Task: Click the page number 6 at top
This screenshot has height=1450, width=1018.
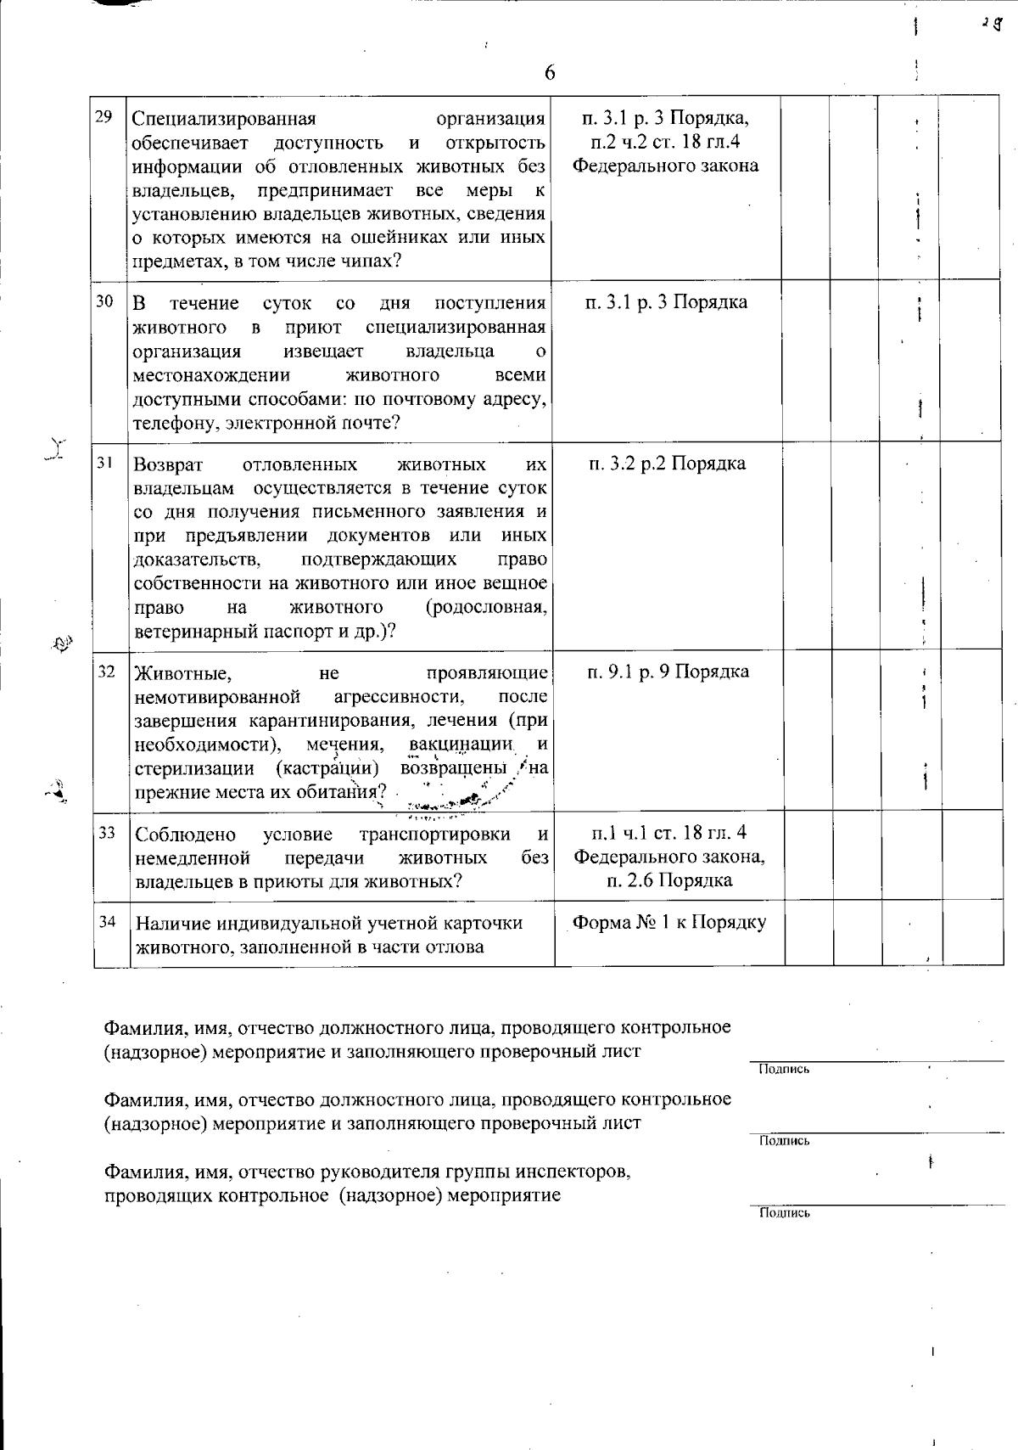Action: pos(550,73)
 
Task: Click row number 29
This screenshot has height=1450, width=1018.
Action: pos(105,116)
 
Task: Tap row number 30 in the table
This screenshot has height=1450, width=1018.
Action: pos(105,301)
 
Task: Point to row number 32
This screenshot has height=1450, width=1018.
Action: pos(106,672)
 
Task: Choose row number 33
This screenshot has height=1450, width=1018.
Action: pos(107,833)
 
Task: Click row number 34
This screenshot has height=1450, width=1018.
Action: pos(107,921)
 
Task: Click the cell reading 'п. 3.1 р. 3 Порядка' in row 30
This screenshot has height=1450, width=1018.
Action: pos(667,302)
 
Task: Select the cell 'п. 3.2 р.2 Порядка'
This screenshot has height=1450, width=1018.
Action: pos(666,464)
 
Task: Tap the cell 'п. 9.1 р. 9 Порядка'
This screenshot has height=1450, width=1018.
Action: pos(668,672)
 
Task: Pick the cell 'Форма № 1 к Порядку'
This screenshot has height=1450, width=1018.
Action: pos(669,923)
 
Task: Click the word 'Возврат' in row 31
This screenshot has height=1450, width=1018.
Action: pos(165,464)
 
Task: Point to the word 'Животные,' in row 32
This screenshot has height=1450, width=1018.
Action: pos(182,673)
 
